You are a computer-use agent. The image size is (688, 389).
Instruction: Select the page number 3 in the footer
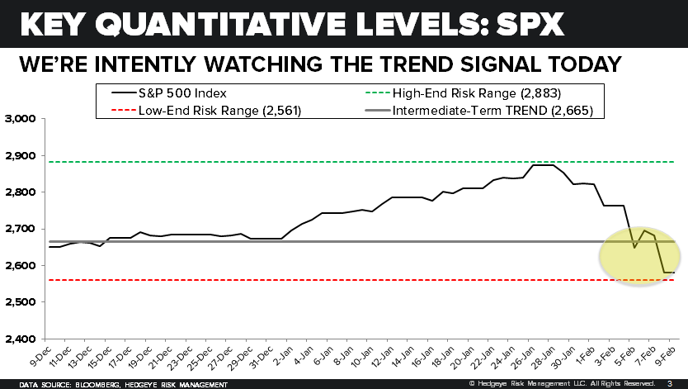[669, 383]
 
